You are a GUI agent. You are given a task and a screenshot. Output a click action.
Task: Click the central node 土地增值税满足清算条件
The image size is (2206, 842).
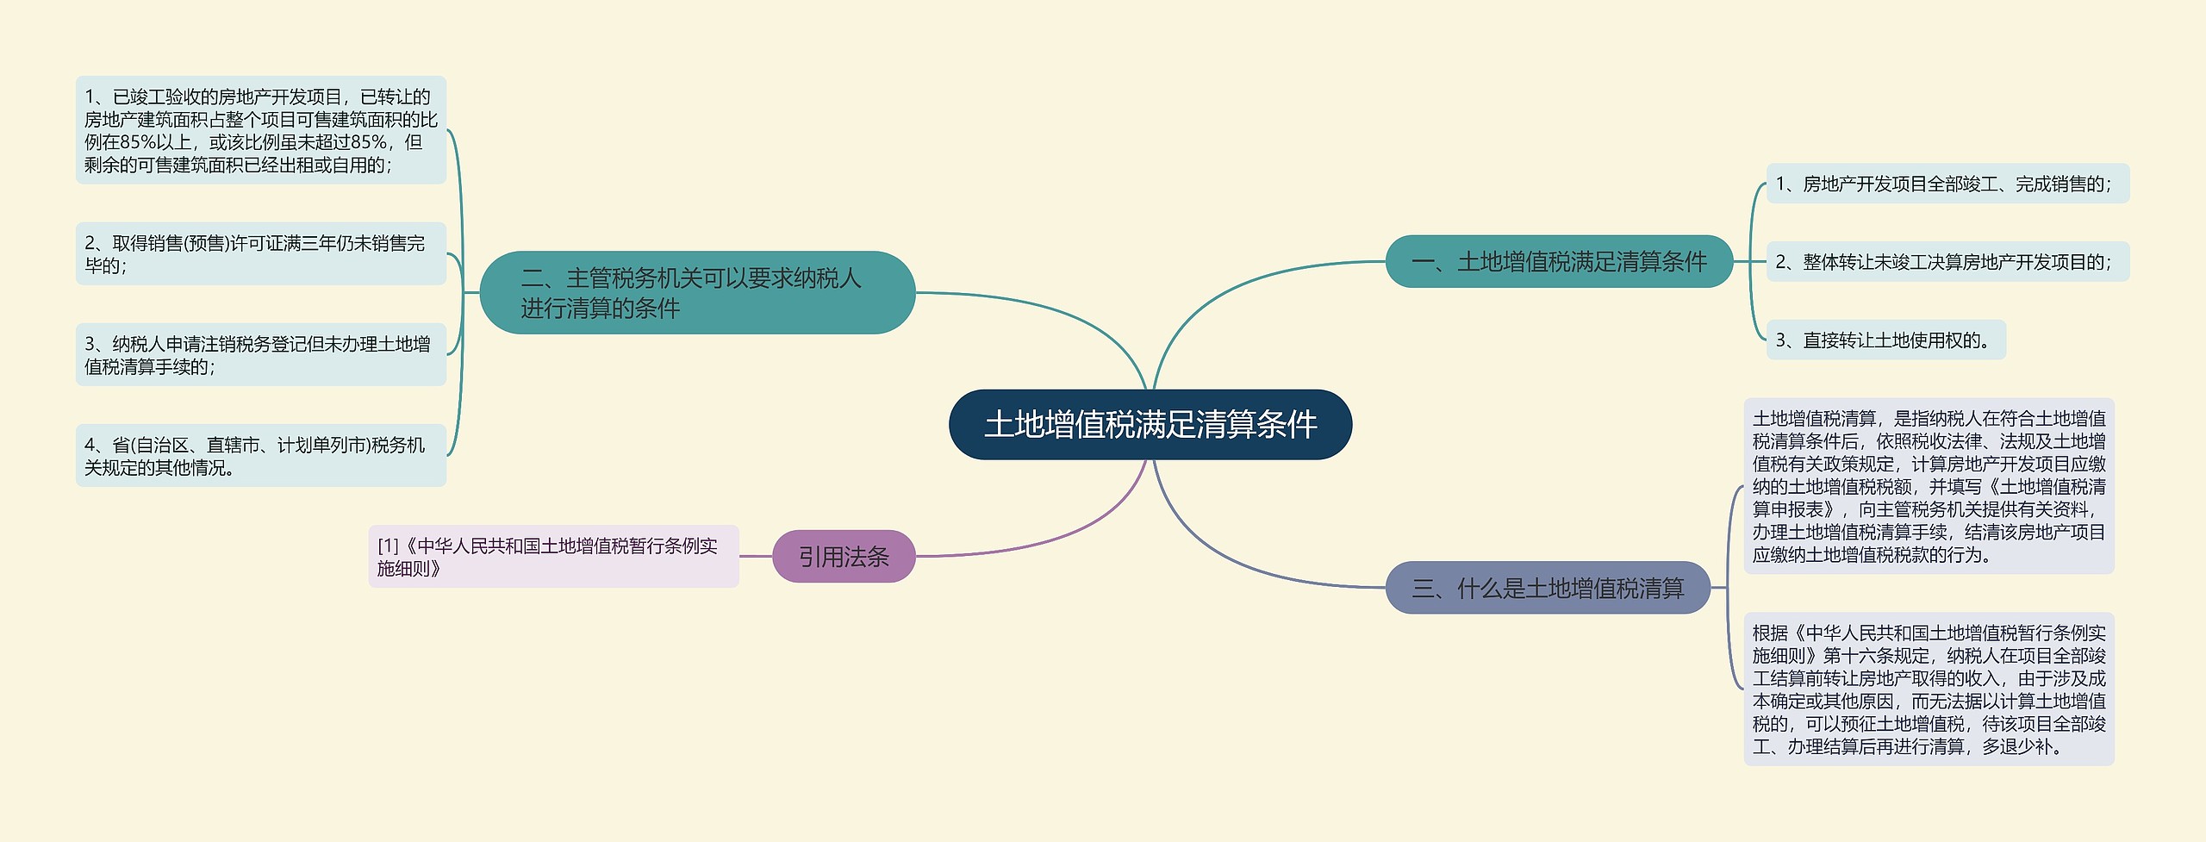pos(1150,424)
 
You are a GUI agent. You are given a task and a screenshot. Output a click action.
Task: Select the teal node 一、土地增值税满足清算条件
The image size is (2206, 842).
pos(1558,261)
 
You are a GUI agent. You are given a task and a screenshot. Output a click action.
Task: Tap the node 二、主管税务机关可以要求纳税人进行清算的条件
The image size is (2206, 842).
pos(696,293)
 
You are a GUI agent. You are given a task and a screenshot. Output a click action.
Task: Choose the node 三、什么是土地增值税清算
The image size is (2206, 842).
pos(1547,588)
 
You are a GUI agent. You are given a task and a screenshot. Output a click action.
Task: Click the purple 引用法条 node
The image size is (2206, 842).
pos(843,557)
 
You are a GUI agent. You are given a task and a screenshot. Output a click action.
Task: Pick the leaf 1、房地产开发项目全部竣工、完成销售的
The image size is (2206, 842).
pos(1947,184)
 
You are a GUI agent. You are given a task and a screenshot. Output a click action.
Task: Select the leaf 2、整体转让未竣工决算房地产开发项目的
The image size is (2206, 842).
pos(1947,262)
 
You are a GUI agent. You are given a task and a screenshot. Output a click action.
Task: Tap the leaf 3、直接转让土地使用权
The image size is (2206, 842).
pos(1885,340)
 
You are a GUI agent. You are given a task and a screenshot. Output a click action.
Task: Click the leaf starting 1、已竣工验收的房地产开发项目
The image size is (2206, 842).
pos(260,130)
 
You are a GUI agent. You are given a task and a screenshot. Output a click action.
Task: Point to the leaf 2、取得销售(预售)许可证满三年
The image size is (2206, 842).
pos(260,254)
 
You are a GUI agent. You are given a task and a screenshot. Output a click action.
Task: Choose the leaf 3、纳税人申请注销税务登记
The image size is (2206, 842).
pos(260,355)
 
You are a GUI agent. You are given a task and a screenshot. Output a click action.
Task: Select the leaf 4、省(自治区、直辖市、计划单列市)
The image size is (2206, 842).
pos(260,456)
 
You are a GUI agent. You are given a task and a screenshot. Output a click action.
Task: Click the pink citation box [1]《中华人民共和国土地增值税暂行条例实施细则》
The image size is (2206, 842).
pos(553,557)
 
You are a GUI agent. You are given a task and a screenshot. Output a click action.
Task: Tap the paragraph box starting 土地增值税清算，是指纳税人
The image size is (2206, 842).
pos(1929,486)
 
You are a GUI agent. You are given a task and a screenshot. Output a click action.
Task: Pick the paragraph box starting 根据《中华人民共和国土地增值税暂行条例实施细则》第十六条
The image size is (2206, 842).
pos(1929,689)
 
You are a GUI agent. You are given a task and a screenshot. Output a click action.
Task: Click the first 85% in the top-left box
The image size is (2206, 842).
pos(139,142)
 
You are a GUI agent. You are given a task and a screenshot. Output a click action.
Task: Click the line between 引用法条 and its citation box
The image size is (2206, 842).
pos(756,557)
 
